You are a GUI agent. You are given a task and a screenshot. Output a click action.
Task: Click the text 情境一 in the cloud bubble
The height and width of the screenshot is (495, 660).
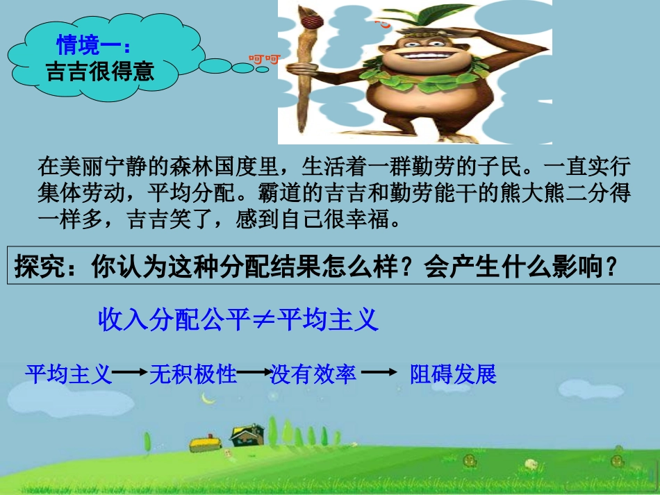click(89, 46)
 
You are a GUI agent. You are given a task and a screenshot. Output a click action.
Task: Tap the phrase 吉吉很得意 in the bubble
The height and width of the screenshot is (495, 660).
click(99, 71)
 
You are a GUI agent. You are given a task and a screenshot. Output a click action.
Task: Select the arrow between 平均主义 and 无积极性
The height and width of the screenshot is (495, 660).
click(131, 374)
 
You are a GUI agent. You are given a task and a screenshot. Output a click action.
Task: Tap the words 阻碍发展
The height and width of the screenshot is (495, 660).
click(453, 374)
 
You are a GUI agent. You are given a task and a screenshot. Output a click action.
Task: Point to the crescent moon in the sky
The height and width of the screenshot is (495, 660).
click(206, 398)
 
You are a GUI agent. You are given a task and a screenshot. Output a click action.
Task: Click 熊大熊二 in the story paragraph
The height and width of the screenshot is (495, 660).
click(531, 194)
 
